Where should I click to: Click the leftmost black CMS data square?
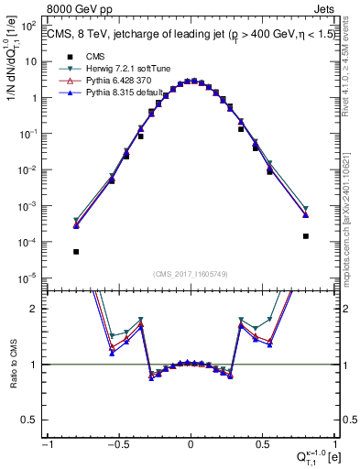(76, 252)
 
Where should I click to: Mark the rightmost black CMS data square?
(305, 236)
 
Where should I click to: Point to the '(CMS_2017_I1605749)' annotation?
(190, 273)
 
